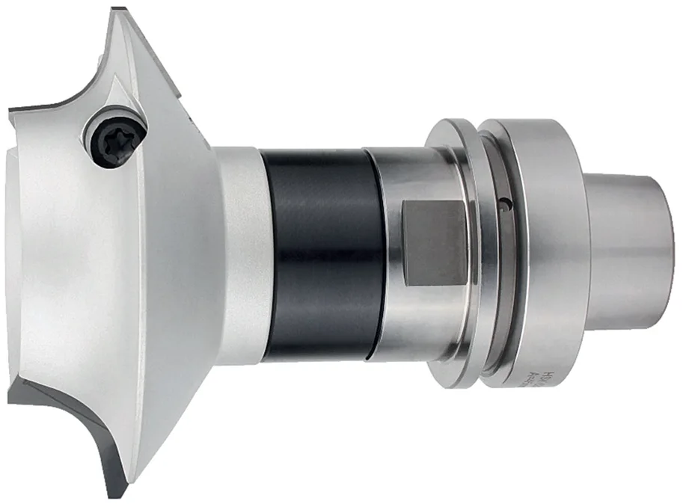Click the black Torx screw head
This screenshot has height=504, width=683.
click(114, 141)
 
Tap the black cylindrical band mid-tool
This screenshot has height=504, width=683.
click(322, 254)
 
